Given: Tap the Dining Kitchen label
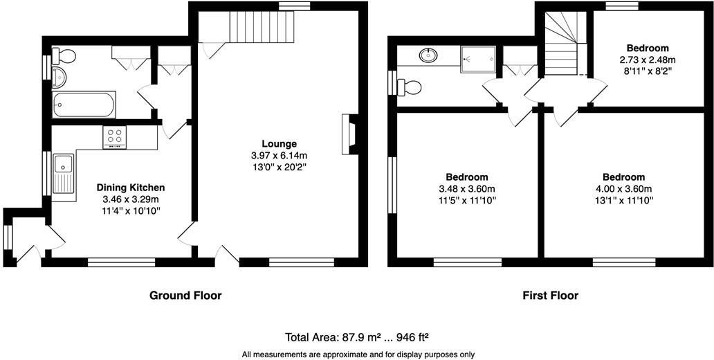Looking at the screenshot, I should pyautogui.click(x=131, y=188).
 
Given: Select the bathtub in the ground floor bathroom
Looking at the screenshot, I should pyautogui.click(x=84, y=106).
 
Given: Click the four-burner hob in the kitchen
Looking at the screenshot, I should pyautogui.click(x=114, y=137).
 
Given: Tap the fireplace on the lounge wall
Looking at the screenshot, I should pyautogui.click(x=349, y=134).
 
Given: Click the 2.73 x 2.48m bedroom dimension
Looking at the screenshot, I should pyautogui.click(x=648, y=60).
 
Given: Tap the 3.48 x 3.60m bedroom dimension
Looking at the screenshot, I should pyautogui.click(x=467, y=189).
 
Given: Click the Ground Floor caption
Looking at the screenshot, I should pyautogui.click(x=185, y=296).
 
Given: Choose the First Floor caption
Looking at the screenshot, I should pyautogui.click(x=550, y=296).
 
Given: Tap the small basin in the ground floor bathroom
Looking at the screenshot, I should pyautogui.click(x=59, y=75).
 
